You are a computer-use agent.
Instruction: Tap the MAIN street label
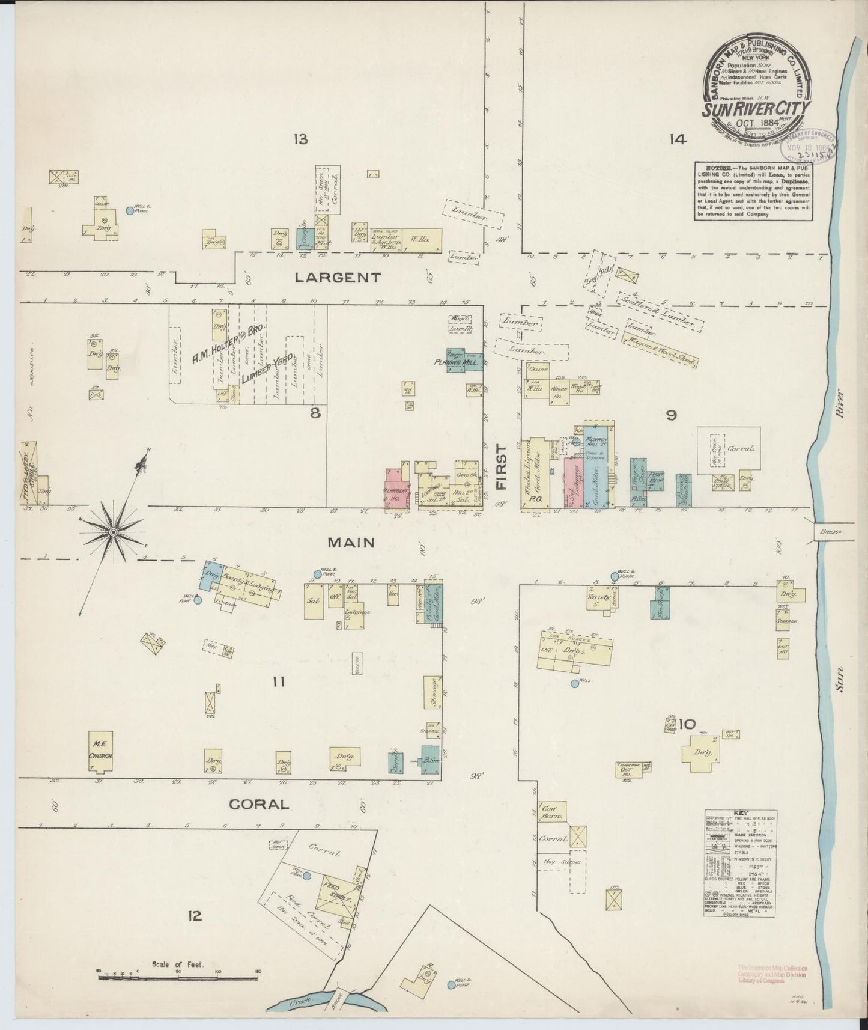coord(351,543)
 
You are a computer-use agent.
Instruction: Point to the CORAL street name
coord(259,804)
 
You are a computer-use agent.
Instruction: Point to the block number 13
coord(300,140)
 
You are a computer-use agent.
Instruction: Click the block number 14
coord(677,140)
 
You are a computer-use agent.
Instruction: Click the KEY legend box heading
coord(738,814)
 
